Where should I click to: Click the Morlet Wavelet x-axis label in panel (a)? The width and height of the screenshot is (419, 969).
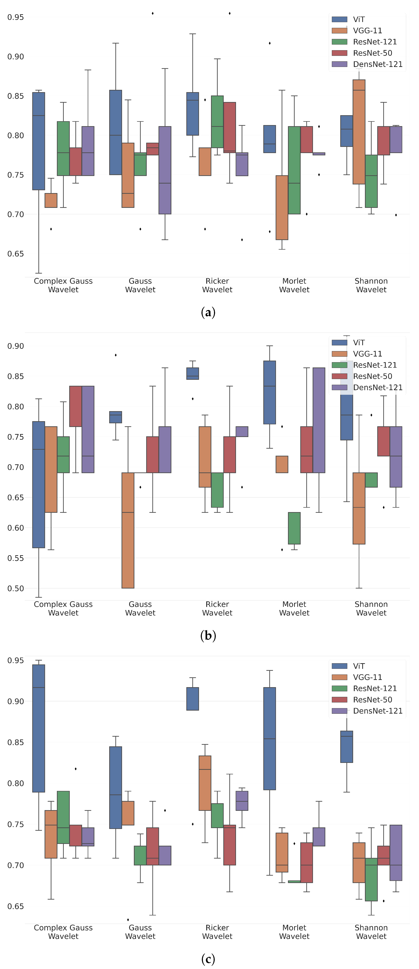point(294,285)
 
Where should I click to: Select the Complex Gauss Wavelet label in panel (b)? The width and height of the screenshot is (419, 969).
point(63,608)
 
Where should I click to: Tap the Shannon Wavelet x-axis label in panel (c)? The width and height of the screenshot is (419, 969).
point(371,932)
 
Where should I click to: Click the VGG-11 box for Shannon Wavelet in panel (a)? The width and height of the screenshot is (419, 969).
point(359,132)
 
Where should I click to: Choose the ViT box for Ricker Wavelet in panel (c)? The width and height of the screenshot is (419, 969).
point(193,699)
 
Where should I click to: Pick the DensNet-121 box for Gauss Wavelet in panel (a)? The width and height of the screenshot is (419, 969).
point(165,170)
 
